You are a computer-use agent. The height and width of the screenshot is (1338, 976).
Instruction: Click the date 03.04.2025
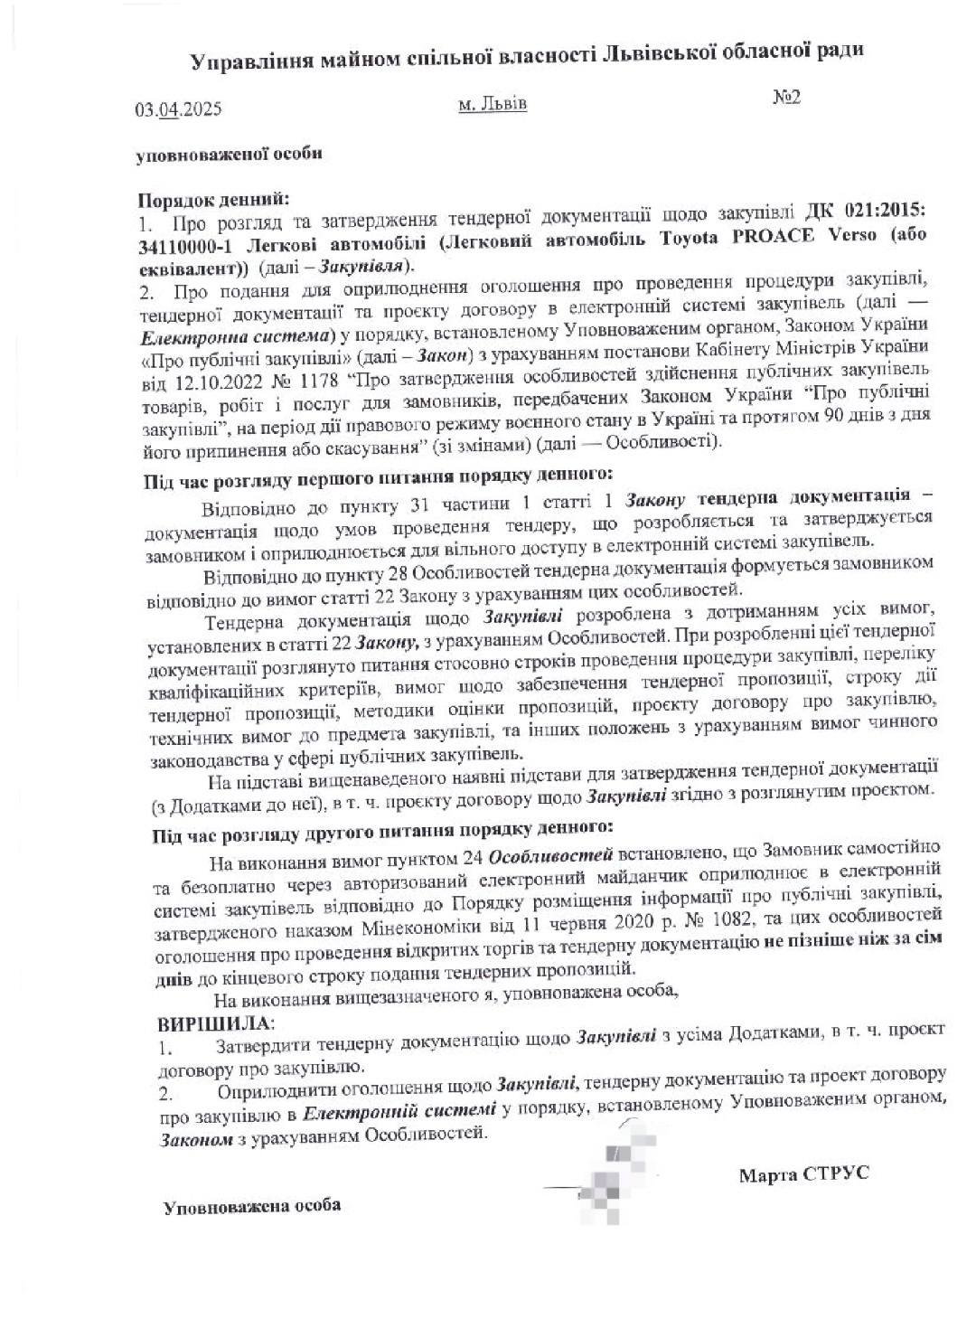coord(178,110)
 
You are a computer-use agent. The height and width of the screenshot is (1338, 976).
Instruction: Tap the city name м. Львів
coord(493,104)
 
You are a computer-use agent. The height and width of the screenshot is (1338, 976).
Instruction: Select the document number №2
coord(786,97)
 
